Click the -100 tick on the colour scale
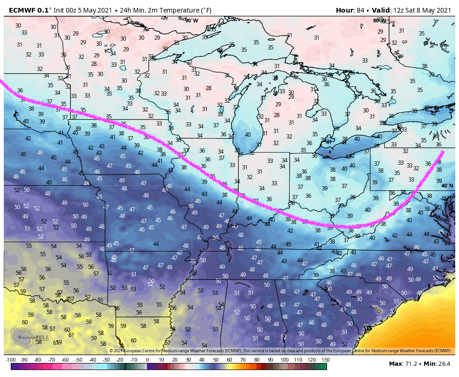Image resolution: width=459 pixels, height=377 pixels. (10, 360)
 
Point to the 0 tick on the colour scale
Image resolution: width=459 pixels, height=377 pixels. (147, 360)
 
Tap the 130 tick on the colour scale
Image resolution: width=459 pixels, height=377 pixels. (326, 360)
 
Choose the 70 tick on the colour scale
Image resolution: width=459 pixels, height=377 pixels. (243, 360)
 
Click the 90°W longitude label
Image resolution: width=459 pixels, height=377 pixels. (191, 21)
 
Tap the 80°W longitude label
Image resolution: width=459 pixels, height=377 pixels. (379, 21)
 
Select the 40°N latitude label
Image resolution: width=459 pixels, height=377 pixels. (446, 186)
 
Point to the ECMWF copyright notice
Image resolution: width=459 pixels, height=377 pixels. (280, 350)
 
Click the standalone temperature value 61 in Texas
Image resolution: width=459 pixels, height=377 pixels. (71, 335)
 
